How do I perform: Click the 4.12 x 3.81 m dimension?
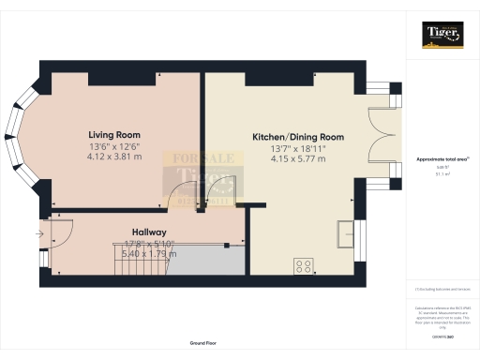point(115,157)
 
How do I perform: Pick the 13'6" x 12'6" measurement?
point(115,146)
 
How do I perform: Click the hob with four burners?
point(304,265)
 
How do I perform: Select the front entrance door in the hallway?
point(60,232)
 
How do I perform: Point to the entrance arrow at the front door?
point(42,233)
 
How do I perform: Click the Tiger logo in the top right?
point(441,35)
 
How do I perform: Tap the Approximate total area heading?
point(440,159)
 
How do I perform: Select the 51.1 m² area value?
point(440,174)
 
